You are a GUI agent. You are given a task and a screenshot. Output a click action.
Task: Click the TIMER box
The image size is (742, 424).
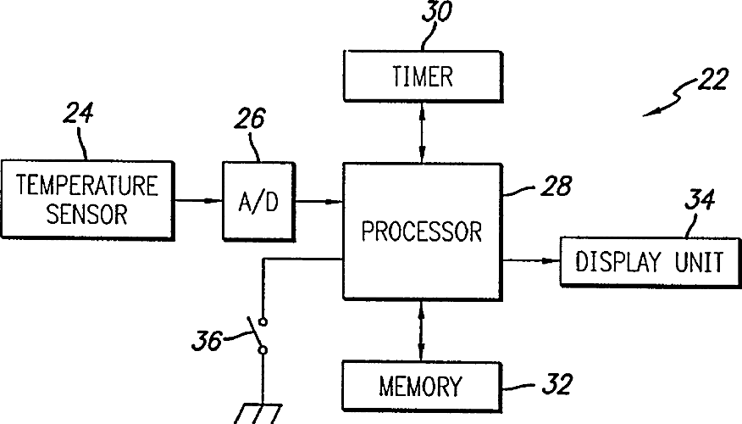(423, 76)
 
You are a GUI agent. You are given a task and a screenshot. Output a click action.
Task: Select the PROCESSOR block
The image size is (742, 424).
(422, 232)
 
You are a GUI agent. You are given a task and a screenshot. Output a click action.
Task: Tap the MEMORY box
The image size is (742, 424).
(422, 386)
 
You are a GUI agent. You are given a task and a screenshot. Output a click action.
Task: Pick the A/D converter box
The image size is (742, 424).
(259, 202)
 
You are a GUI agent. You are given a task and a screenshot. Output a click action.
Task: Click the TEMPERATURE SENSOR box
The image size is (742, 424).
(87, 199)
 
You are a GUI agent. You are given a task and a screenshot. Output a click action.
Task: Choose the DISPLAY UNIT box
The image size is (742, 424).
(651, 261)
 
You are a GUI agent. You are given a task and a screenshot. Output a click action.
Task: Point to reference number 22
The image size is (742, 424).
(712, 79)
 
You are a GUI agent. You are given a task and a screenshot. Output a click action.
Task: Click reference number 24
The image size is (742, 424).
(78, 113)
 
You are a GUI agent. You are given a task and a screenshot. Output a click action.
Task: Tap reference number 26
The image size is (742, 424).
(249, 118)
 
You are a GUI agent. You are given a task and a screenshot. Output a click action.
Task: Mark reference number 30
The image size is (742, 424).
(436, 11)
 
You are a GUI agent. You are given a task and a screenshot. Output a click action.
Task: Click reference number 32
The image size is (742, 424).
(557, 384)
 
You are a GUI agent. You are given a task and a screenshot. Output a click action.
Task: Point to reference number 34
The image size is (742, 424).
(700, 199)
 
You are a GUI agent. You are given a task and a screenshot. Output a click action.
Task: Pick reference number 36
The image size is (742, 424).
(207, 340)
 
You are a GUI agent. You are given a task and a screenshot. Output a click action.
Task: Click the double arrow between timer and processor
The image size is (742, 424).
(422, 132)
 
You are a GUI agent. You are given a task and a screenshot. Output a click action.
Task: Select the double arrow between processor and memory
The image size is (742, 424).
(421, 331)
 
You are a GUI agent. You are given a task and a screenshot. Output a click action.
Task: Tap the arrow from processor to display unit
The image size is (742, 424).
(531, 260)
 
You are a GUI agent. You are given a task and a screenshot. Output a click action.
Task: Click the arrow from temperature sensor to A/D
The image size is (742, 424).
(199, 200)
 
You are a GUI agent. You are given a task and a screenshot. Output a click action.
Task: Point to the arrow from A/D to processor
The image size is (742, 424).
(319, 201)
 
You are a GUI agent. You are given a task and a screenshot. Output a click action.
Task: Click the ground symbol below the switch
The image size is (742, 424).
(258, 414)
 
